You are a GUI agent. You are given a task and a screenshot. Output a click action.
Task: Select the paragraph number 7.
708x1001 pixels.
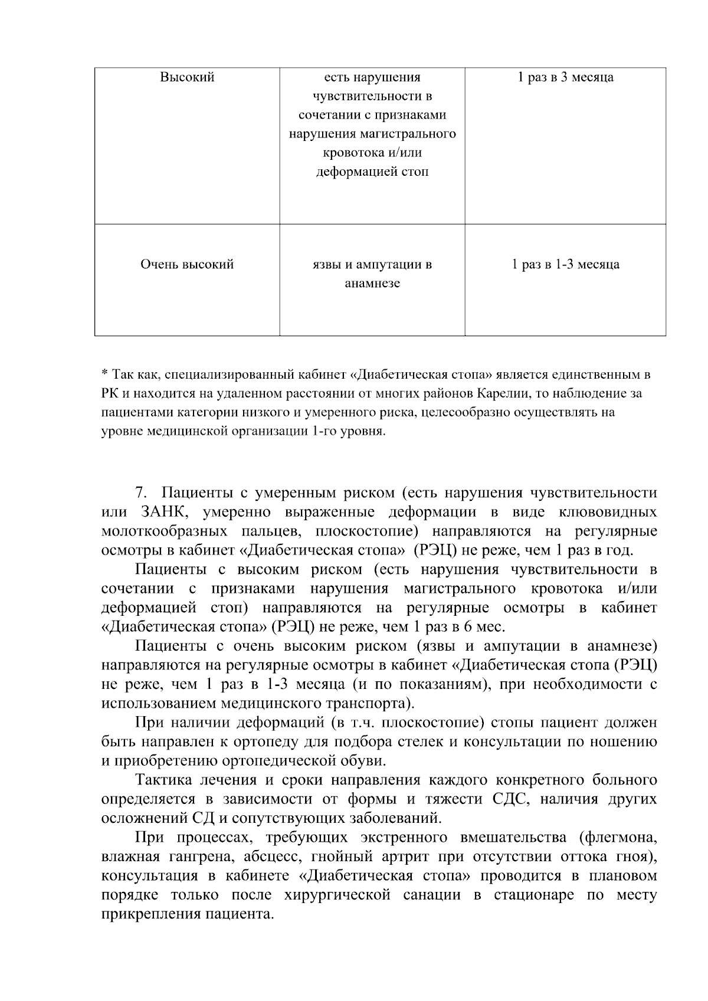[140, 493]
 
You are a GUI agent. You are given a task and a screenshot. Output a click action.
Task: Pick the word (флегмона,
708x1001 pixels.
[618, 838]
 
